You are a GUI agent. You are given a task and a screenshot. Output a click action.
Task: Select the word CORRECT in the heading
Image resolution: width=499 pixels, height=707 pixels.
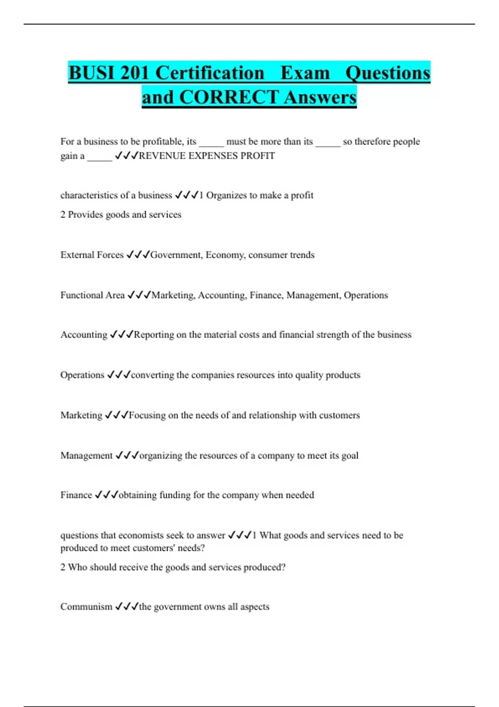pyautogui.click(x=229, y=97)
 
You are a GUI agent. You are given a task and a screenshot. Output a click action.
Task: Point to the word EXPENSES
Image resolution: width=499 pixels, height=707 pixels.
pyautogui.click(x=213, y=156)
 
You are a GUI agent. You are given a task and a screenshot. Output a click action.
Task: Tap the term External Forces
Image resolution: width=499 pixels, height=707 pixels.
pyautogui.click(x=92, y=255)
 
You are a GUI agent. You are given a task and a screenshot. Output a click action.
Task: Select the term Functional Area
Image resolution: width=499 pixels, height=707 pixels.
pyautogui.click(x=92, y=295)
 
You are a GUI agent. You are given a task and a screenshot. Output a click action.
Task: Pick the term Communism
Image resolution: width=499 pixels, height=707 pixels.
pyautogui.click(x=86, y=607)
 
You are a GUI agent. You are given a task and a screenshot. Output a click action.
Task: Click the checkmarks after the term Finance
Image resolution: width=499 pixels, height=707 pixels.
pyautogui.click(x=106, y=495)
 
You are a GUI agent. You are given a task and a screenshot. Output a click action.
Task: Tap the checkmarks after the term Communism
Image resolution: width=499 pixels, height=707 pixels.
pyautogui.click(x=126, y=607)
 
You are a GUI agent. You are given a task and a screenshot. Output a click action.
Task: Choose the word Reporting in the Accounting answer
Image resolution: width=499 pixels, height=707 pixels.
pyautogui.click(x=154, y=335)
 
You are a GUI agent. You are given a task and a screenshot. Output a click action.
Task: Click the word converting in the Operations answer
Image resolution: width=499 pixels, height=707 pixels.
pyautogui.click(x=152, y=375)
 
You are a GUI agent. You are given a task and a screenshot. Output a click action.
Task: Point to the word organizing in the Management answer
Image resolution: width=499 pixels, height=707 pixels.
pyautogui.click(x=161, y=456)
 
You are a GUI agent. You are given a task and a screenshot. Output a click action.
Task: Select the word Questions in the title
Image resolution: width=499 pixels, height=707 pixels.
pyautogui.click(x=388, y=73)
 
